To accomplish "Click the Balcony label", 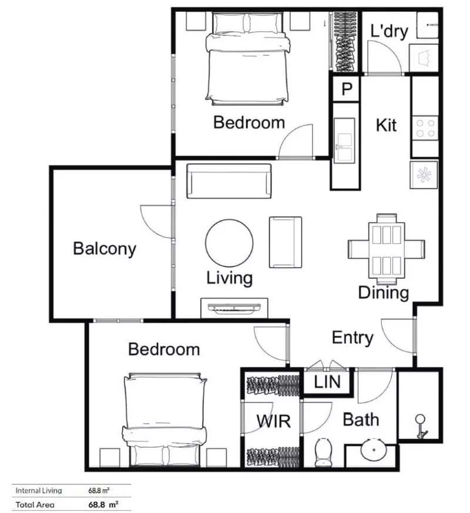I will coord(105,248).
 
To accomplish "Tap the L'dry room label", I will coord(389,31).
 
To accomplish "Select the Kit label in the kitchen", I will coord(386,125).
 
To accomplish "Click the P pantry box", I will coord(347,89).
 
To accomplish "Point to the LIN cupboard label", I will coord(327,383).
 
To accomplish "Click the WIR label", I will coord(270,421).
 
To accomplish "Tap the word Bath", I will coord(360,420).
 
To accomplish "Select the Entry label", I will coord(352,338).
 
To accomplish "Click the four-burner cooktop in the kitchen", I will coord(425,128).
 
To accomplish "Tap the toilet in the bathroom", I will coord(324,453).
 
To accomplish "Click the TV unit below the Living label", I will coord(234,308).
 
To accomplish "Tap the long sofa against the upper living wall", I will coord(229,181).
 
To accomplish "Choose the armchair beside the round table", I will coord(286,241).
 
